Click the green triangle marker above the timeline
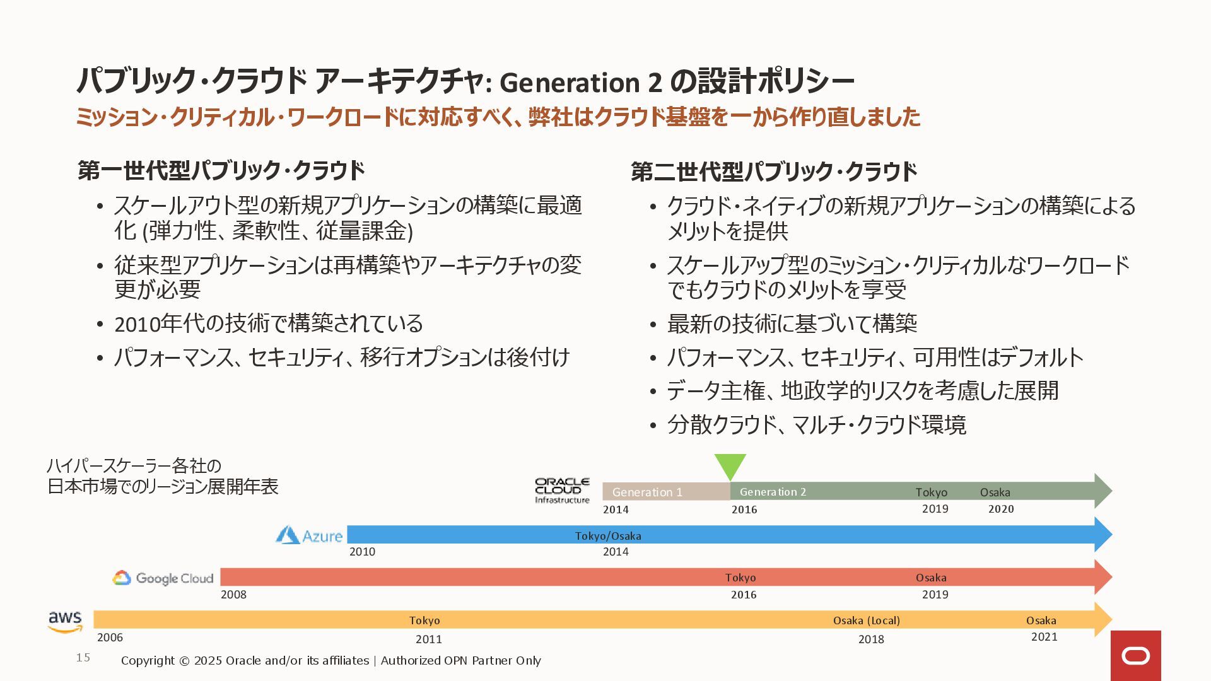(x=730, y=465)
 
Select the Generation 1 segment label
(x=647, y=492)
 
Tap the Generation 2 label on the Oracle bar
(x=773, y=492)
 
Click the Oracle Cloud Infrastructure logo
(x=562, y=491)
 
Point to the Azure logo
(x=309, y=535)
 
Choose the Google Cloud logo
(x=163, y=578)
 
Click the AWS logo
(x=65, y=621)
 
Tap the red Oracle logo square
(x=1135, y=656)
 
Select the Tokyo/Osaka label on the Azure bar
(x=608, y=536)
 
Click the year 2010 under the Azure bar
(x=362, y=552)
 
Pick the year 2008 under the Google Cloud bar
(x=233, y=595)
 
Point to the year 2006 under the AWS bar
(x=110, y=637)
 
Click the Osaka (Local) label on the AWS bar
(x=867, y=620)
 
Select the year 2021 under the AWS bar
(x=1044, y=637)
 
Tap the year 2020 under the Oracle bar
(x=1001, y=509)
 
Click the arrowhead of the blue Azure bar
(x=1103, y=535)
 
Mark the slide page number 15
(x=83, y=658)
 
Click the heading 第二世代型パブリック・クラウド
(x=774, y=172)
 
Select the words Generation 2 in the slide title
(x=580, y=82)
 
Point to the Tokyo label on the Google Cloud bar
(x=740, y=578)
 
